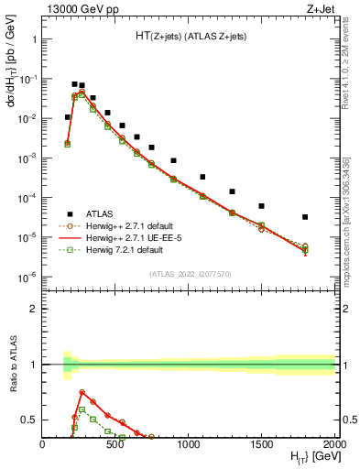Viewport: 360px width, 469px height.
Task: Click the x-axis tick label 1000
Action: [x=189, y=442]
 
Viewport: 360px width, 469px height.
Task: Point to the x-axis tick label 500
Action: [x=115, y=442]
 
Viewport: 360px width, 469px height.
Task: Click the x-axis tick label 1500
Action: [x=262, y=442]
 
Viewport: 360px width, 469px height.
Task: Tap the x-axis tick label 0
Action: [x=42, y=442]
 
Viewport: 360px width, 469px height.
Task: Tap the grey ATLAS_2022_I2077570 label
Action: [x=189, y=273]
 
